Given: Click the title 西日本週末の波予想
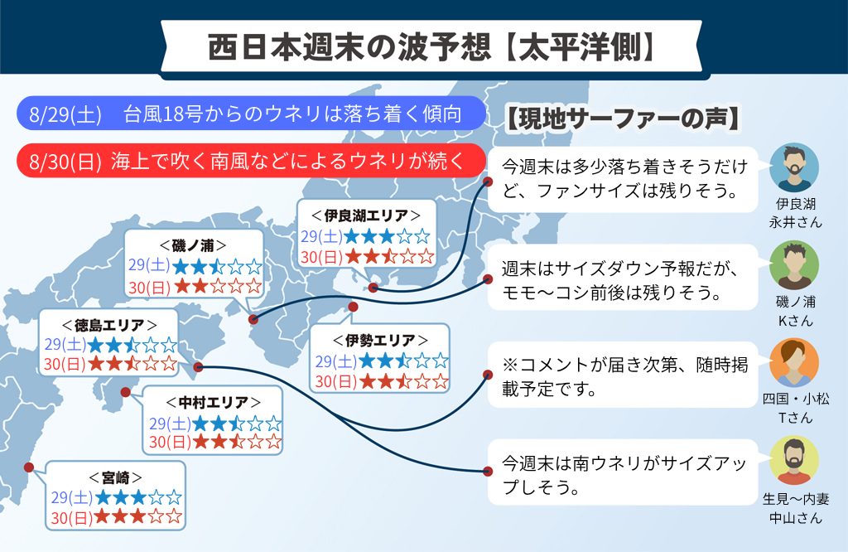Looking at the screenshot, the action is [x=349, y=47].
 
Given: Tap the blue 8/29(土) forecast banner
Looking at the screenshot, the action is [x=251, y=114].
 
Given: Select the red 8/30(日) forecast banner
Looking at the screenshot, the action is [x=251, y=161].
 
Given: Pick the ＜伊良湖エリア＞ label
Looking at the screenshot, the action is [x=366, y=215].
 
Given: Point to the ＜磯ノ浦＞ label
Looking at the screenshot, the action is [x=193, y=245].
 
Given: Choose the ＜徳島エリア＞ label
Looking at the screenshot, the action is [x=109, y=325].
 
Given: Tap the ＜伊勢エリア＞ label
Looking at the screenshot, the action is [x=380, y=341].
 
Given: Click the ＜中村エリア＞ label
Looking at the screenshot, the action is [x=213, y=403].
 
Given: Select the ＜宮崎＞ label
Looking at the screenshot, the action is [x=115, y=478].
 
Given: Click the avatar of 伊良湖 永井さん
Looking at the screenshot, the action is [x=794, y=167].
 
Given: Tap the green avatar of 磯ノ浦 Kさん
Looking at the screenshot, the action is [x=794, y=265].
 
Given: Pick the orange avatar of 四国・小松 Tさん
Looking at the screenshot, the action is [x=794, y=362].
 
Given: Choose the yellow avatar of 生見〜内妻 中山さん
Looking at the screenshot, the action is [x=794, y=460].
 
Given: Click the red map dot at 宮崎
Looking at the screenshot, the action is [x=29, y=467].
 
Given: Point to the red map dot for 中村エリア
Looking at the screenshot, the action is [x=126, y=392].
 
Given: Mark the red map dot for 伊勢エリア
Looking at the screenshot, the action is [x=353, y=307].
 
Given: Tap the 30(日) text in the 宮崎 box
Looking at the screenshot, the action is [x=72, y=518].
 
